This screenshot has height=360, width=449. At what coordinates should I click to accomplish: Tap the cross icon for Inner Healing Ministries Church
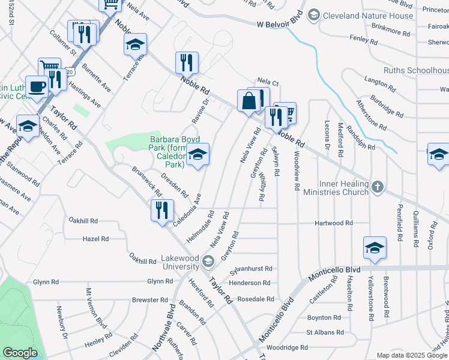(x=376, y=185)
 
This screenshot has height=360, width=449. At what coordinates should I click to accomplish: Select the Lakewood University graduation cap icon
(x=208, y=260)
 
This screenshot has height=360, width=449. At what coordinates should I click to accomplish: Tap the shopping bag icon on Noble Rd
(x=249, y=101)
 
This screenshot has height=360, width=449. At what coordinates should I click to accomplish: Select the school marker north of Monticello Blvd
(x=375, y=248)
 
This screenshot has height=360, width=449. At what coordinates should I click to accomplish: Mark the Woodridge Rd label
(x=288, y=347)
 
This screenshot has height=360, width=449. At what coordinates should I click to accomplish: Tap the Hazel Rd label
(x=95, y=239)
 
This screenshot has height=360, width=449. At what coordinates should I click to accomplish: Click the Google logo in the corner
(x=20, y=352)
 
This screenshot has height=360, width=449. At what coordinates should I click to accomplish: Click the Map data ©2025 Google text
(x=411, y=355)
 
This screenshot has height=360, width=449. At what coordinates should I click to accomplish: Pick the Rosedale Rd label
(x=256, y=299)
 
